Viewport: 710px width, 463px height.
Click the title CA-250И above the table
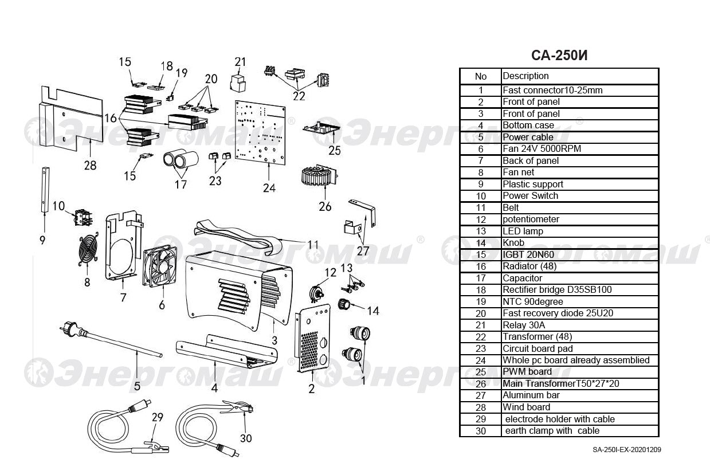click(559, 56)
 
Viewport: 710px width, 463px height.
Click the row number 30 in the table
click(481, 431)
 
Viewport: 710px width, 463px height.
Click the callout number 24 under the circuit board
click(269, 187)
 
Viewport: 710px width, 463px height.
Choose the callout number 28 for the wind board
click(90, 166)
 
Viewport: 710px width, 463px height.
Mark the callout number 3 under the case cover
click(274, 340)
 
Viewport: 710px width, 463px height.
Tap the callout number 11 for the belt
click(312, 245)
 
